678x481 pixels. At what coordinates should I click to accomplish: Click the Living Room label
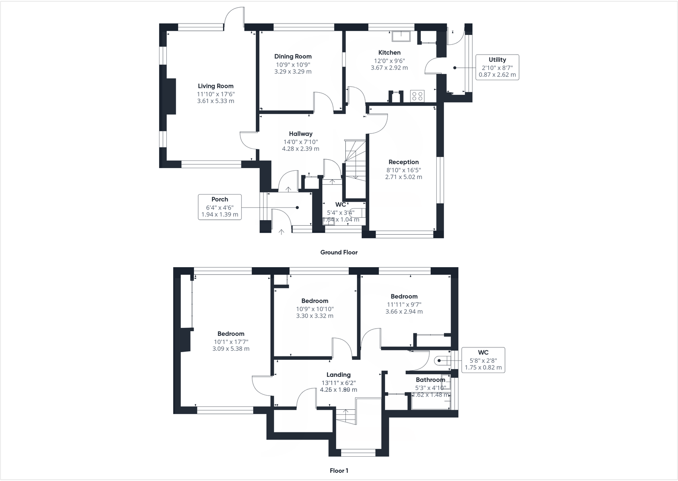215,86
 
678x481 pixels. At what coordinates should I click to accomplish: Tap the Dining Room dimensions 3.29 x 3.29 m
293,72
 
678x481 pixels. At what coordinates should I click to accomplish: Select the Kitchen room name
389,52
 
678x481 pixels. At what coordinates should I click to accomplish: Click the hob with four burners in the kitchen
417,96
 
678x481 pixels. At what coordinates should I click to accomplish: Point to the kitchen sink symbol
402,37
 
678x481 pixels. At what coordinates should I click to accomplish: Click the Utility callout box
497,67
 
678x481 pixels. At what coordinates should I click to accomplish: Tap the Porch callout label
220,199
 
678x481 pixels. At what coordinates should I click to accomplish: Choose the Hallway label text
301,134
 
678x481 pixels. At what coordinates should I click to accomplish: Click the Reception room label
403,162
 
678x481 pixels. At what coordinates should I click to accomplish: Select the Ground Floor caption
339,252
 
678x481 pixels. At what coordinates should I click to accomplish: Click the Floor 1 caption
339,471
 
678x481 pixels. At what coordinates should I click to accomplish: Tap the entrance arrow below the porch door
281,232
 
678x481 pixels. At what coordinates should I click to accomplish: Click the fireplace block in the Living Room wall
171,96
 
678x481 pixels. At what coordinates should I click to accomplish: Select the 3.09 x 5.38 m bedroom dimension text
231,349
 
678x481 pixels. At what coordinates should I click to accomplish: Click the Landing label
339,375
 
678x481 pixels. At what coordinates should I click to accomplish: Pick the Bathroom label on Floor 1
430,380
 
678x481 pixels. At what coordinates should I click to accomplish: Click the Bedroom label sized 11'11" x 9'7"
404,297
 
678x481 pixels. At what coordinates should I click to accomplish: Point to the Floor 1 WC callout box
483,360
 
